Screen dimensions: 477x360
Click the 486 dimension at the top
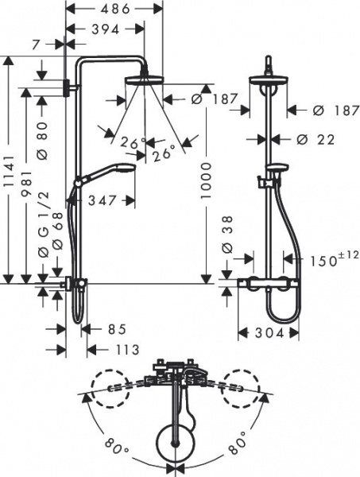[114, 10]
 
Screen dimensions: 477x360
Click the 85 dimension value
[115, 328]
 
